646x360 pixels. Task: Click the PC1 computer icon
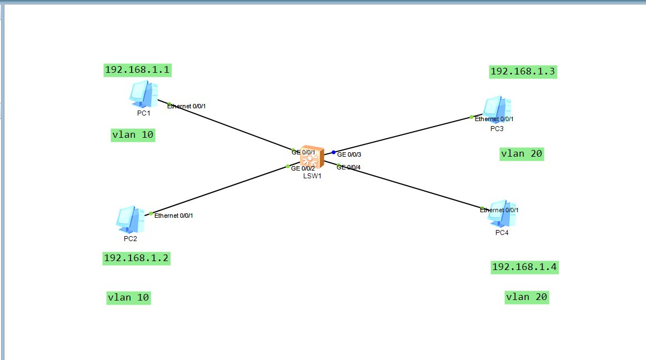[x=143, y=94]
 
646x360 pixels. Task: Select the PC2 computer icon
[x=130, y=219]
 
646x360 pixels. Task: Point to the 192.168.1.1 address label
[x=137, y=70]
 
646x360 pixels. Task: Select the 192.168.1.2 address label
[x=136, y=258]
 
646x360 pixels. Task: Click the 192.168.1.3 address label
[x=523, y=72]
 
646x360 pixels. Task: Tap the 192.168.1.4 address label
[x=524, y=267]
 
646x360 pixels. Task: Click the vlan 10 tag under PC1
[x=133, y=135]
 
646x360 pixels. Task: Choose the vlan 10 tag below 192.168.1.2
[x=129, y=298]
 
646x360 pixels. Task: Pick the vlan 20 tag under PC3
[x=522, y=154]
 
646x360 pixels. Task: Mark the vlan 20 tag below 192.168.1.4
[x=527, y=297]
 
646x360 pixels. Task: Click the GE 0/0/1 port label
[x=304, y=152]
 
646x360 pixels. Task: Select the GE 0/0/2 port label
[x=303, y=168]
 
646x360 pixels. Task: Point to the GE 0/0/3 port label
[x=349, y=154]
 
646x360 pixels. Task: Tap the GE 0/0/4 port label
[x=349, y=167]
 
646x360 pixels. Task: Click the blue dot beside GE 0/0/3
[x=334, y=152]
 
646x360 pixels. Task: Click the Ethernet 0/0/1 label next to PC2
[x=174, y=216]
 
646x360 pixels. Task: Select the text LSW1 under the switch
[x=312, y=176]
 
